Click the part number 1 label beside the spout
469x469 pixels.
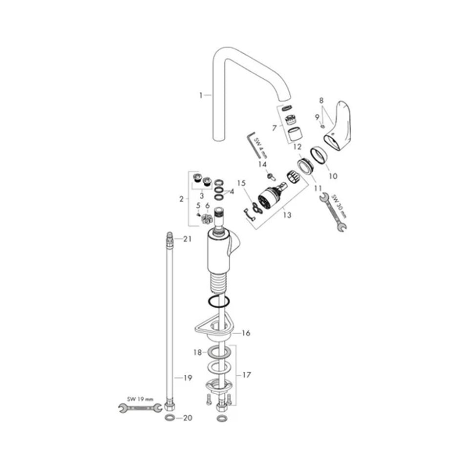[x=201, y=95]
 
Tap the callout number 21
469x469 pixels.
[x=187, y=239]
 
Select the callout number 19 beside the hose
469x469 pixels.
[x=188, y=378]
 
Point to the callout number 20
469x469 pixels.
[x=188, y=418]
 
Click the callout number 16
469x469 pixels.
[x=246, y=333]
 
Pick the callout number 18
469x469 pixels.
[x=197, y=353]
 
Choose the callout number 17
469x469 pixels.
[x=247, y=375]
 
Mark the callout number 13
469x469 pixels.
[x=287, y=215]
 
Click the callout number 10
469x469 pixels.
[x=333, y=176]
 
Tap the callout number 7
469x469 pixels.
[x=275, y=128]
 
